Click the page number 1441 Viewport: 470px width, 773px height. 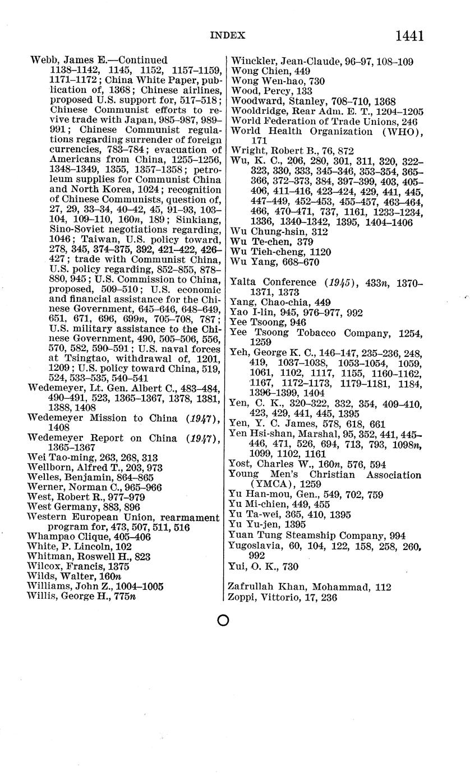tap(409, 36)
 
